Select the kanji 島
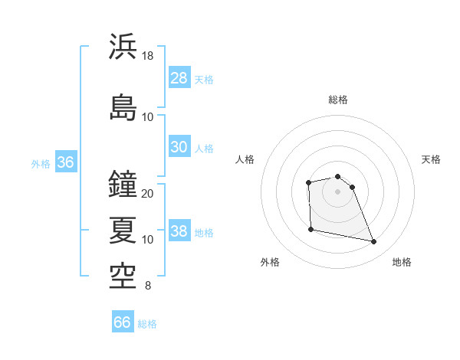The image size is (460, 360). point(123,107)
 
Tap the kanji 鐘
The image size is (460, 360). point(123,184)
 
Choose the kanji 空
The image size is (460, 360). point(123,277)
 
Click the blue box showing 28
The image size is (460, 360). point(179,78)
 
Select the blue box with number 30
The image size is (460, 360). point(179,147)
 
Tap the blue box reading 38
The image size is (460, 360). point(179,231)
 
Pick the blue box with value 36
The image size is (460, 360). point(65,162)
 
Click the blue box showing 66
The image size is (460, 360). point(123,322)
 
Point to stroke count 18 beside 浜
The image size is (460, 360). point(148,56)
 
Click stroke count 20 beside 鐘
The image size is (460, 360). point(148,194)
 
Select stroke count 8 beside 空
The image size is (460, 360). point(148,286)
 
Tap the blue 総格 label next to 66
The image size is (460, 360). point(147,324)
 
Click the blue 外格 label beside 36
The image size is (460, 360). point(41,164)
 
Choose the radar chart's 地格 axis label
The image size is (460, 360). point(402,262)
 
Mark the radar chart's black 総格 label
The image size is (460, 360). point(337,100)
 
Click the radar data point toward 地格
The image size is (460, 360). point(374,242)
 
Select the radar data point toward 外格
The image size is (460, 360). point(310,229)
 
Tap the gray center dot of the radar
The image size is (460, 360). point(337,191)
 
